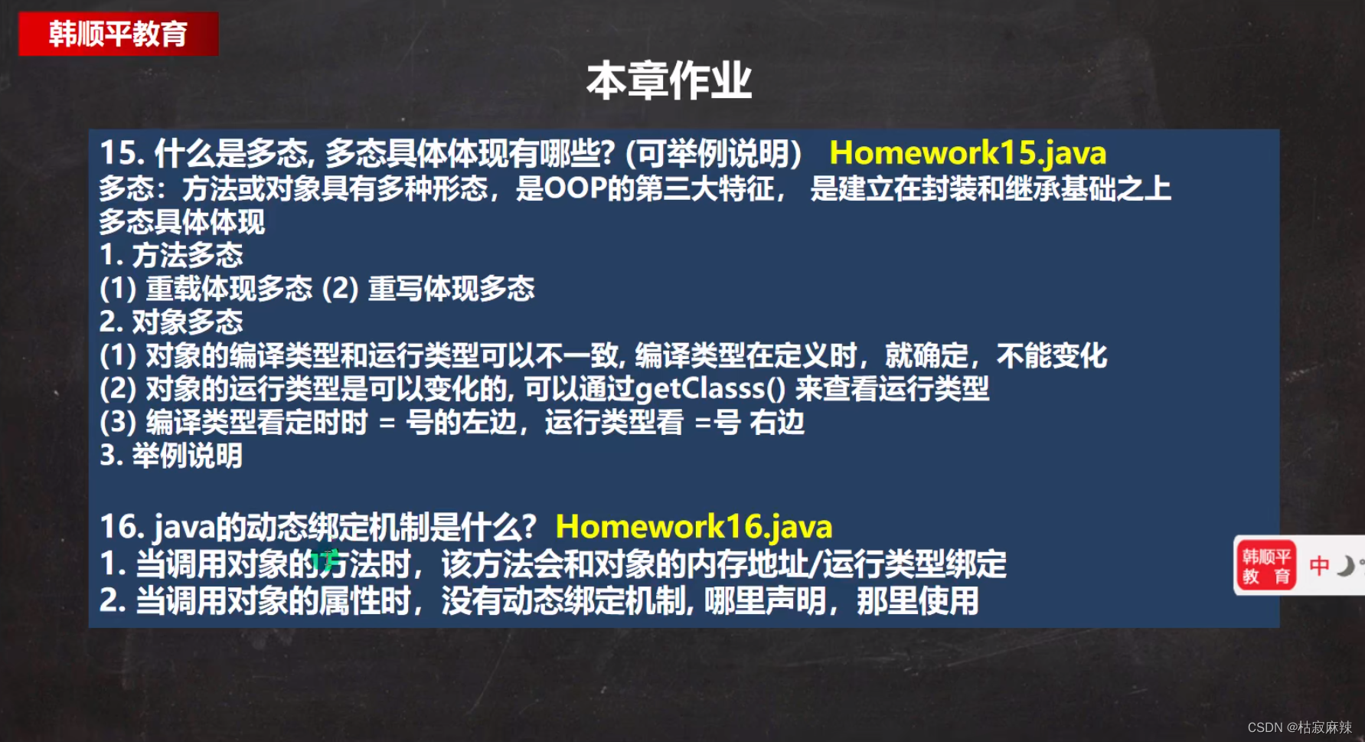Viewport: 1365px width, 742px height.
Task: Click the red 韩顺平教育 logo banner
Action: click(x=118, y=34)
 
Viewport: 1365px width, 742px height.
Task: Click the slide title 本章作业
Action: click(x=668, y=81)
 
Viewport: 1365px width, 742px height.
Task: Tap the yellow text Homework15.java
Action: click(x=968, y=153)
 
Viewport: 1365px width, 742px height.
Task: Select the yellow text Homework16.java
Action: click(x=694, y=527)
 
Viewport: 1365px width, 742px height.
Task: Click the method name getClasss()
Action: click(x=710, y=389)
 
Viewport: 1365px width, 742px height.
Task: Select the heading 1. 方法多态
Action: click(x=171, y=255)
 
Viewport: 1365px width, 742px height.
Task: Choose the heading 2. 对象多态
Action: click(x=171, y=322)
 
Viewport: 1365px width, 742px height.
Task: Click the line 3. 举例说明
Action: click(x=171, y=456)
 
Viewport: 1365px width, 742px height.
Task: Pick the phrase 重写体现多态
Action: click(x=451, y=289)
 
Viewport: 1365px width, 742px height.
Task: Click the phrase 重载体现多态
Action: click(x=229, y=289)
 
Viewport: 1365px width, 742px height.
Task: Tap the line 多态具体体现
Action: click(x=181, y=222)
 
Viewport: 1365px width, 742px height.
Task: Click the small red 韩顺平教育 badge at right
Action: click(x=1265, y=567)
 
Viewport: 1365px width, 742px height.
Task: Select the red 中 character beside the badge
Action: click(x=1319, y=566)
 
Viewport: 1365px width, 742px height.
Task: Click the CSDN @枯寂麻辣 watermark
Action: click(x=1299, y=727)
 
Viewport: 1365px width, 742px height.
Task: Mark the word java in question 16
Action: click(x=185, y=528)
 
